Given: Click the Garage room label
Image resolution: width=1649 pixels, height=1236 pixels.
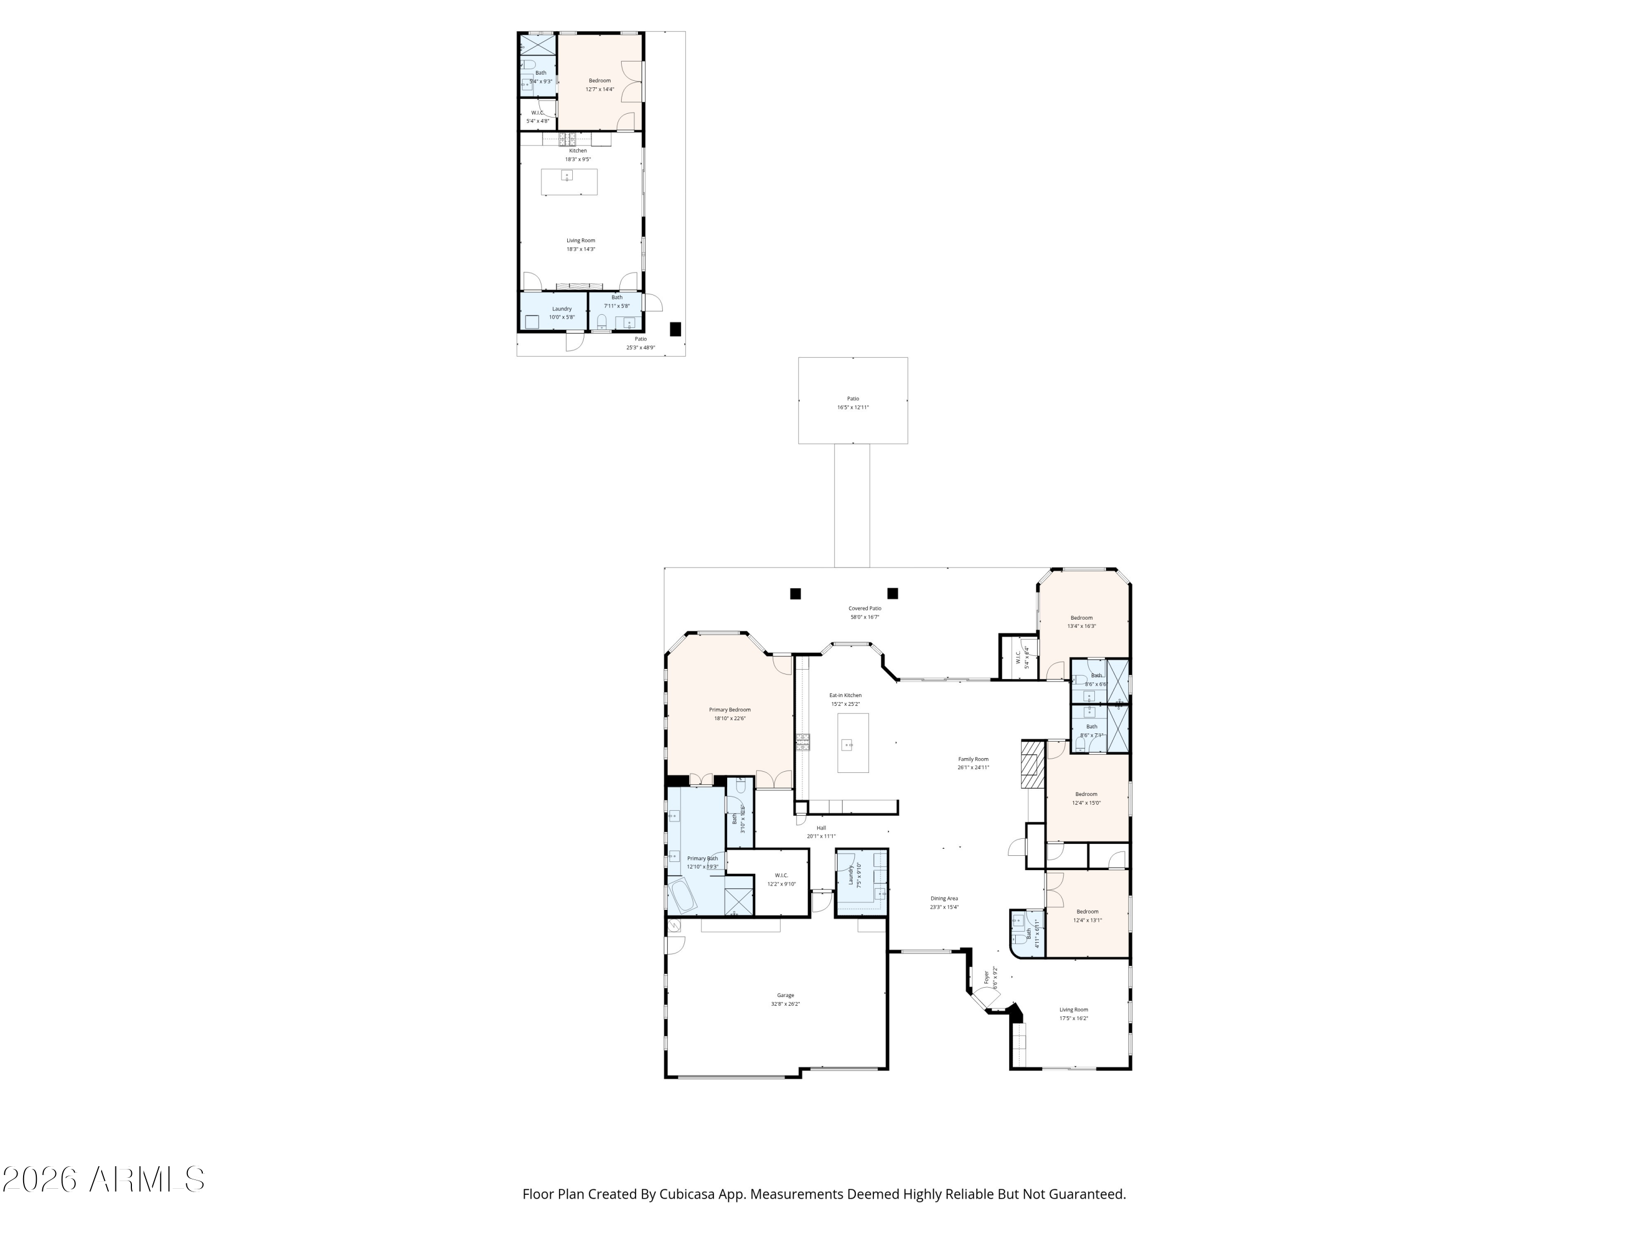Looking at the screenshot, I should coord(785,995).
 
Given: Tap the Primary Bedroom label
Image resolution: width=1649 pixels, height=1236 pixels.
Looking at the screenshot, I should coord(729,709).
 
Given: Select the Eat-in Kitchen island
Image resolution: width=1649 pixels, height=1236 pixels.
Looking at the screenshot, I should coord(853,743).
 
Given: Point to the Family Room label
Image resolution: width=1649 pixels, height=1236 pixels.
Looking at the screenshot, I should coord(973,759).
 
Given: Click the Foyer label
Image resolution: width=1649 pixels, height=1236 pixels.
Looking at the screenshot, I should coord(986,977).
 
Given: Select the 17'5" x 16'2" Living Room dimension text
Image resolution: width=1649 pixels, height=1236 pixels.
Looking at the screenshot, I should coord(1073,1018).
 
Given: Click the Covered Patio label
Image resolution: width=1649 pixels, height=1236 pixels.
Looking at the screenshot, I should coord(864,608).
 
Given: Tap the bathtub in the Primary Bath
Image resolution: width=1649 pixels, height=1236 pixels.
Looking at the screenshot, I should coord(682,895).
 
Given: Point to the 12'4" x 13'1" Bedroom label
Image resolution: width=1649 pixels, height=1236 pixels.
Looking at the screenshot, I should coord(1087,911).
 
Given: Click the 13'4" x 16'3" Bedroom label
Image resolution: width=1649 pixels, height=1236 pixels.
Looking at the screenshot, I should coord(1081,617).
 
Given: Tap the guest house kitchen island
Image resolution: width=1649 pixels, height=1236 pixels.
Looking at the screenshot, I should coord(569,182).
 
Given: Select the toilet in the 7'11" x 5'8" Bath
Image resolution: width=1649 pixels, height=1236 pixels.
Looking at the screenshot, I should coord(601,322).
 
